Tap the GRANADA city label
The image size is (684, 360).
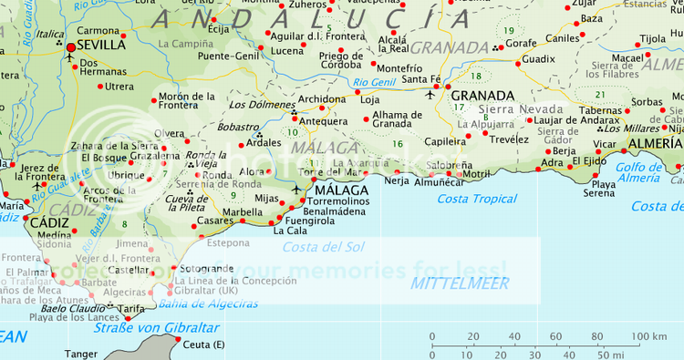point(482,96)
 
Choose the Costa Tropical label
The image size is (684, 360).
point(477,199)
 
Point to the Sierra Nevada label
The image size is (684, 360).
point(521,109)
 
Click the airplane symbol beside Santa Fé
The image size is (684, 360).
point(431,93)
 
